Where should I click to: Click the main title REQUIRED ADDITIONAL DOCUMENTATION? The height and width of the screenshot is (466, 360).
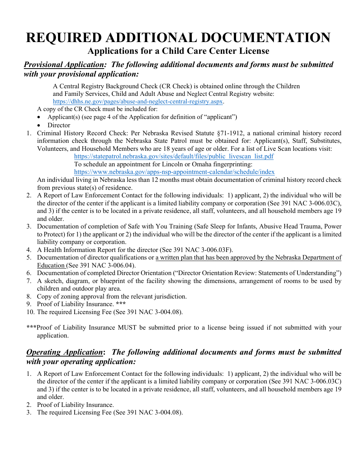click(x=178, y=38)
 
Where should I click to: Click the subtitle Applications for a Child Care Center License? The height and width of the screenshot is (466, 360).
click(x=178, y=51)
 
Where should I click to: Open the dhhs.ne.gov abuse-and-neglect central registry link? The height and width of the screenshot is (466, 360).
click(x=138, y=102)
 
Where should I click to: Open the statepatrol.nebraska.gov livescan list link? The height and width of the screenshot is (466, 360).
click(x=174, y=156)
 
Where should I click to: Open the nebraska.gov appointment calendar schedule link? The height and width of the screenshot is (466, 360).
click(x=174, y=172)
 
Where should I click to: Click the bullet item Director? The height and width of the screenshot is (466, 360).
click(x=59, y=125)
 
